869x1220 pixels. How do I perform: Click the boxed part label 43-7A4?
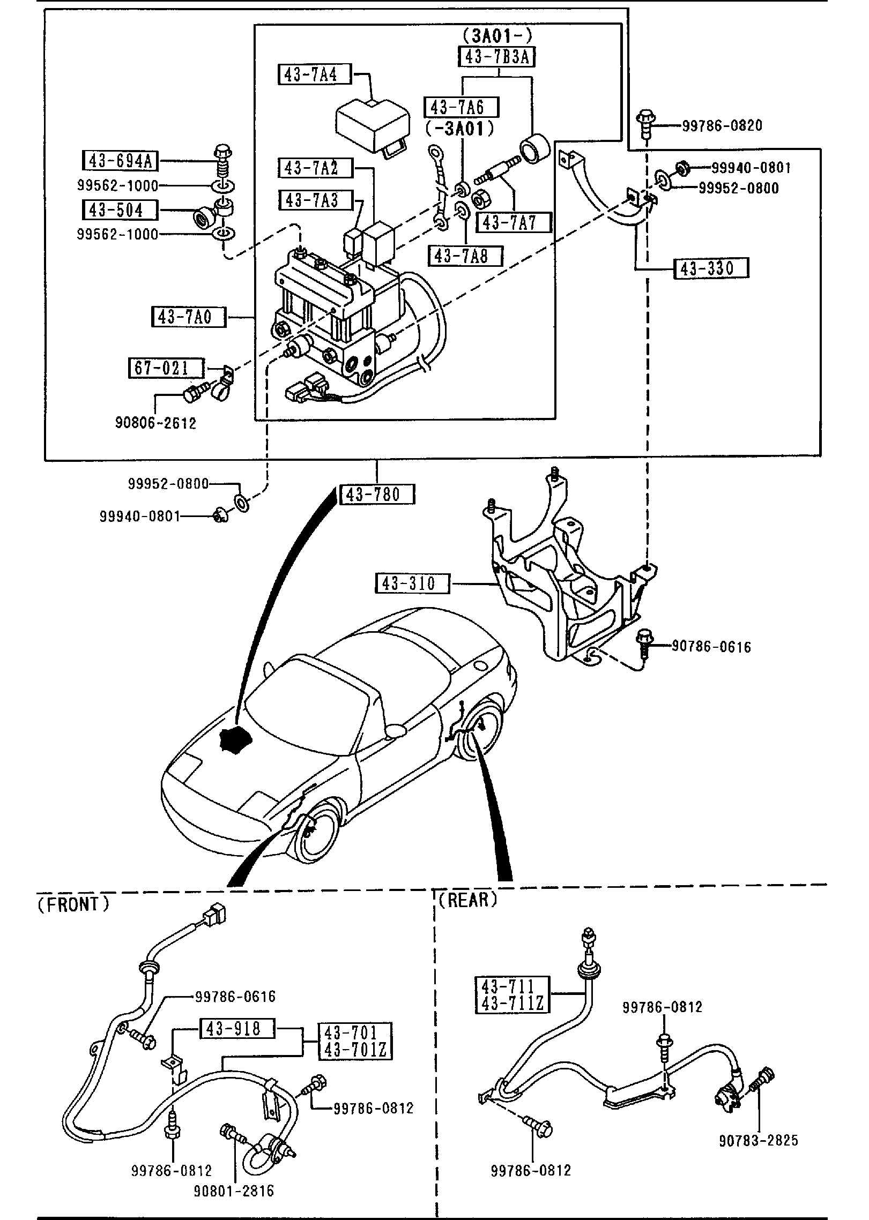314,74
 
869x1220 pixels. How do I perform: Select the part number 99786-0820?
722,126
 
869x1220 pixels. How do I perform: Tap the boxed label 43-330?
711,268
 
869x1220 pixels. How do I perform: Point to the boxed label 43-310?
412,583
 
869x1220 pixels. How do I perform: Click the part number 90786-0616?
711,647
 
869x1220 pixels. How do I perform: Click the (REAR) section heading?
467,900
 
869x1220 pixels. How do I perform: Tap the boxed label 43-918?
237,1029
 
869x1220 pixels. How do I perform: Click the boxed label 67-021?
166,369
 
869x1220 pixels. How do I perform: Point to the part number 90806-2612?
155,423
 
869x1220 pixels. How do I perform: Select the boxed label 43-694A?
120,160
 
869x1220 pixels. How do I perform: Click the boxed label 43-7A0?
189,317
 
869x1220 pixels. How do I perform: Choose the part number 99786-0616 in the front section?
235,997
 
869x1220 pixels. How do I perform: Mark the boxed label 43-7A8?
465,256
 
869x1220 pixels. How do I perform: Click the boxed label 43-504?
120,209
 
